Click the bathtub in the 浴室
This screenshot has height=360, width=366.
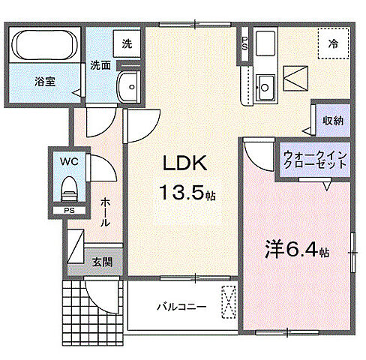click(44, 46)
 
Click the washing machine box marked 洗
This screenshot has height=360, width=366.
click(127, 43)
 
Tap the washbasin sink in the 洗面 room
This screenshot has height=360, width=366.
click(130, 87)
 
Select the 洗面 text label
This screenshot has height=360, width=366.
click(101, 65)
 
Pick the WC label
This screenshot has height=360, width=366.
click(68, 160)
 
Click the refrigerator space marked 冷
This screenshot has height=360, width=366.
click(331, 44)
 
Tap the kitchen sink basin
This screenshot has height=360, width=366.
click(265, 82)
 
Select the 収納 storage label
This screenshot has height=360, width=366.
click(332, 120)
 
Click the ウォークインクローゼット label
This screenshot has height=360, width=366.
click(314, 160)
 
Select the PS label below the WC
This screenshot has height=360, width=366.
click(68, 211)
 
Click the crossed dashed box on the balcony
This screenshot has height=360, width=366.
click(226, 303)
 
